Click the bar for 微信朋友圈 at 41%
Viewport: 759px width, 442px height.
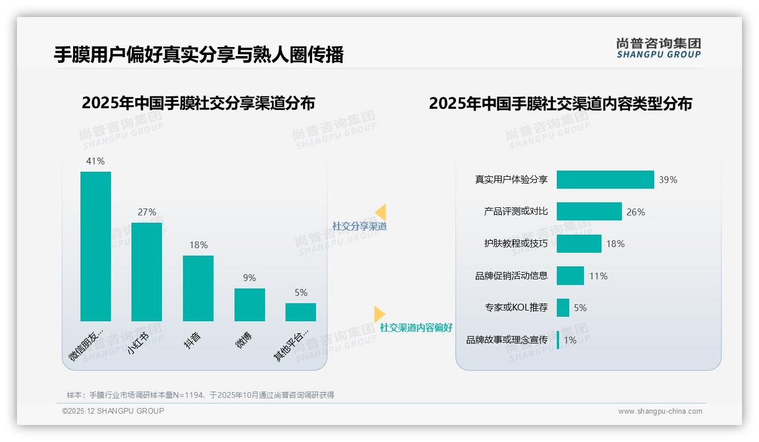(96, 246)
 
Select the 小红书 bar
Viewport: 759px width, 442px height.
(147, 272)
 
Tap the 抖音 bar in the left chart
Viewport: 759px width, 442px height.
(198, 288)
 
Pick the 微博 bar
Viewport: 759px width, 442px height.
(250, 305)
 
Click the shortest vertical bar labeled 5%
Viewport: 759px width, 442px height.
(301, 312)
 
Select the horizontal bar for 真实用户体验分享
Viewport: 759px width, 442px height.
(605, 180)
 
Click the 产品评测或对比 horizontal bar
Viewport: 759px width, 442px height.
(589, 211)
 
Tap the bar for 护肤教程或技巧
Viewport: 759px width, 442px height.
(579, 244)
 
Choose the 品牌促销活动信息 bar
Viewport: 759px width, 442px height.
(570, 276)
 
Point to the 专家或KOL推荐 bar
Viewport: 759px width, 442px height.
(563, 308)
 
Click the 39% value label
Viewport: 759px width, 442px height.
(668, 180)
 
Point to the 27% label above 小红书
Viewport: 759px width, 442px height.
(147, 212)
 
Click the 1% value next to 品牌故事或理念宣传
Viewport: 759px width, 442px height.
(570, 341)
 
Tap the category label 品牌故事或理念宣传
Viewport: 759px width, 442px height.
(507, 340)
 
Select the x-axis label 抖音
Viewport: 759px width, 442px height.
(193, 341)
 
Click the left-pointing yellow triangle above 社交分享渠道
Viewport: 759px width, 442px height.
(381, 212)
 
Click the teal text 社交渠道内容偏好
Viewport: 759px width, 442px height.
(416, 328)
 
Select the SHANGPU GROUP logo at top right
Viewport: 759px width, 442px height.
(659, 48)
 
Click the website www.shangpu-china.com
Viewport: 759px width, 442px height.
(660, 411)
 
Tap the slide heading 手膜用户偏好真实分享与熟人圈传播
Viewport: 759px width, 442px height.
(199, 55)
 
